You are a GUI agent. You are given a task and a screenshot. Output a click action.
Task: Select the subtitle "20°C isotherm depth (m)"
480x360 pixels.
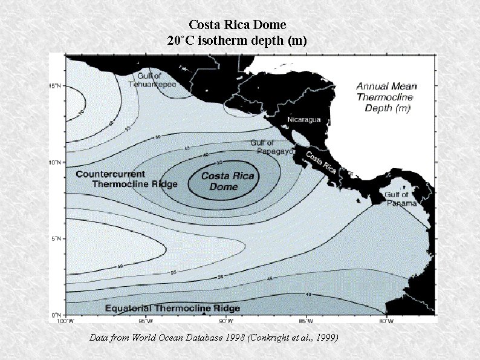coord(237,41)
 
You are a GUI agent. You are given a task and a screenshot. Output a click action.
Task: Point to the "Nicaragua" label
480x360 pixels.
coord(304,119)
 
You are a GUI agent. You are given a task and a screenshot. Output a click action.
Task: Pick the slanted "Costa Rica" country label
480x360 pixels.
coord(321,161)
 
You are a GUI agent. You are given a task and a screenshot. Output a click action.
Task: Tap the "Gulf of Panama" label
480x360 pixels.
coord(400,198)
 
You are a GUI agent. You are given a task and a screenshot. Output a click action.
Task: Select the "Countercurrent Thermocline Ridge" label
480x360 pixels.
coord(127,178)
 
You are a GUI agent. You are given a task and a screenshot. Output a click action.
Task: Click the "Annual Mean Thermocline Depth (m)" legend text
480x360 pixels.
coord(386,97)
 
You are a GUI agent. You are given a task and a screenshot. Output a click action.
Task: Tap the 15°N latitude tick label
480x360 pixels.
coord(54,85)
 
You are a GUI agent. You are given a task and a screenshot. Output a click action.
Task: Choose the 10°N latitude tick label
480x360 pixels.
coord(54,162)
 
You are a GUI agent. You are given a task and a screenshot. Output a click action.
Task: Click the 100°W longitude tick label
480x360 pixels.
coord(66,321)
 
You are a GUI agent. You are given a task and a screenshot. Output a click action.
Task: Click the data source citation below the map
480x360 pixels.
coord(213,336)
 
